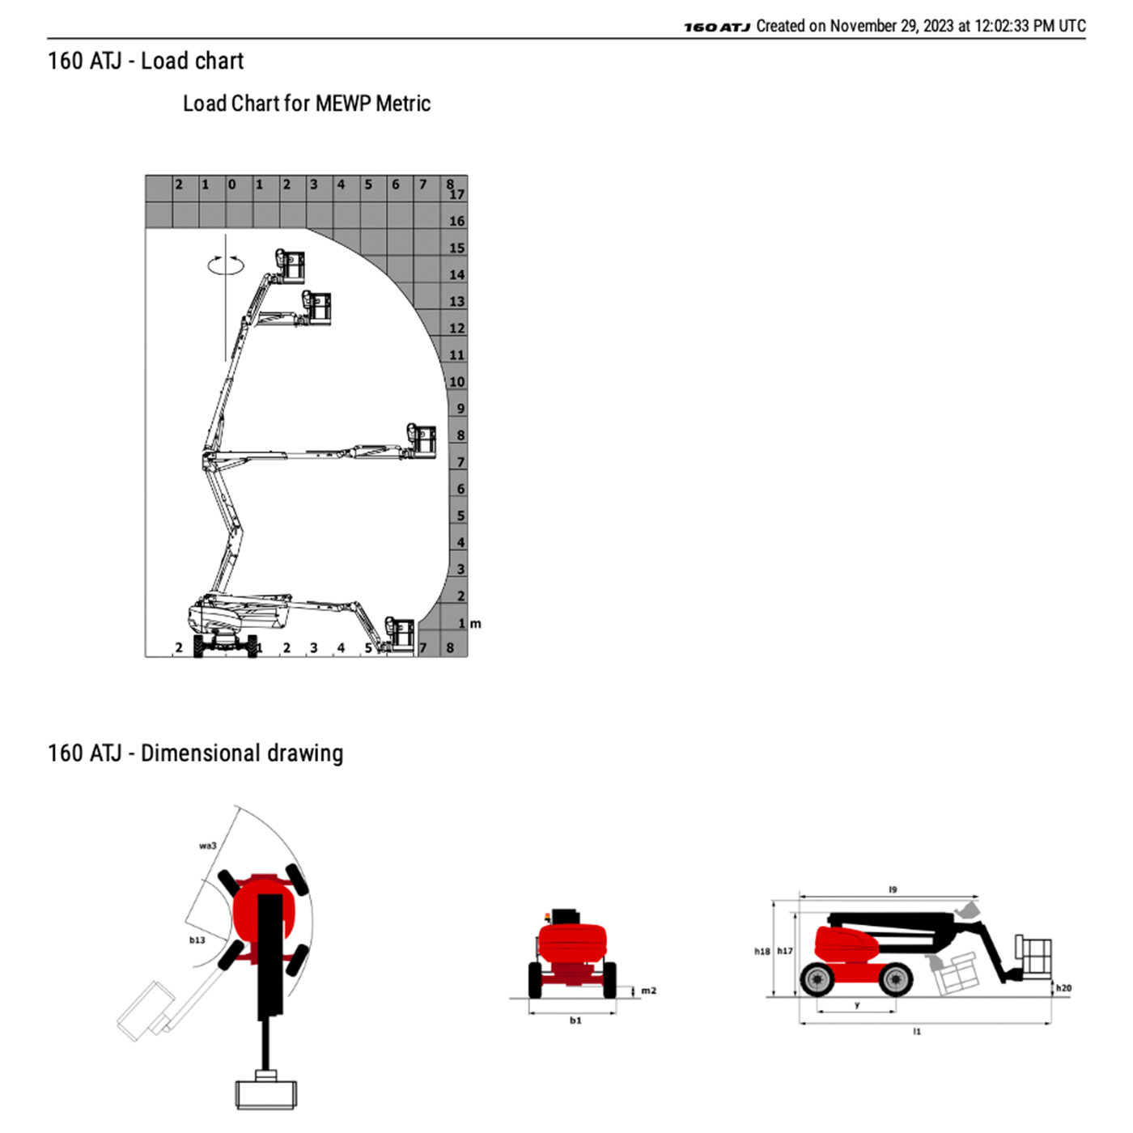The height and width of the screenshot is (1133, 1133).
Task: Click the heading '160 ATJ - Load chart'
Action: (145, 62)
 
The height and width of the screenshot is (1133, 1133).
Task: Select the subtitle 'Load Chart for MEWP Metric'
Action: (307, 104)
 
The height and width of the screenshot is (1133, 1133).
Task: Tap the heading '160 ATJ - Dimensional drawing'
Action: (195, 753)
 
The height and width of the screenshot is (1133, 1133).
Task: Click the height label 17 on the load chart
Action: (457, 194)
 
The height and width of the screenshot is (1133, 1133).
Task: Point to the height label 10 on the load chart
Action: (457, 382)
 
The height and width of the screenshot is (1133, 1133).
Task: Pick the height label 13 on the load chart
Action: (457, 302)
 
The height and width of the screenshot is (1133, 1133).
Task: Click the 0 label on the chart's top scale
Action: (231, 185)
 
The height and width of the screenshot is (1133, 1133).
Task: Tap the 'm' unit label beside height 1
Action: (476, 624)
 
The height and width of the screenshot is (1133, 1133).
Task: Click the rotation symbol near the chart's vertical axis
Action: (226, 265)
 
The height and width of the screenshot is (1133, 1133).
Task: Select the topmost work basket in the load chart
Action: (291, 265)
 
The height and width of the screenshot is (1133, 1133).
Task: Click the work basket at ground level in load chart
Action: (399, 635)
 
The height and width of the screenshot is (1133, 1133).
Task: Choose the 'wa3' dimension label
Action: (207, 846)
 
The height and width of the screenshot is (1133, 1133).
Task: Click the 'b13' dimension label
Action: (197, 940)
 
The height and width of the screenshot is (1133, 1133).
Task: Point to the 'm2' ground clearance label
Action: (648, 991)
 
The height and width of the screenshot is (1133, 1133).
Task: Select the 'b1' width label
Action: (575, 1021)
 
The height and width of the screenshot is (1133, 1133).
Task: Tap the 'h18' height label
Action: (762, 952)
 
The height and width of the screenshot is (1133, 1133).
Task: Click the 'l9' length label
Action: (893, 889)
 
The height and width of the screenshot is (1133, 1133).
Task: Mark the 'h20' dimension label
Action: (1063, 988)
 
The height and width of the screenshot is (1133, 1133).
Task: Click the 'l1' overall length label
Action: (917, 1031)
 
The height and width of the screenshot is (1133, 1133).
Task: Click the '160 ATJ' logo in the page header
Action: (717, 27)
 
